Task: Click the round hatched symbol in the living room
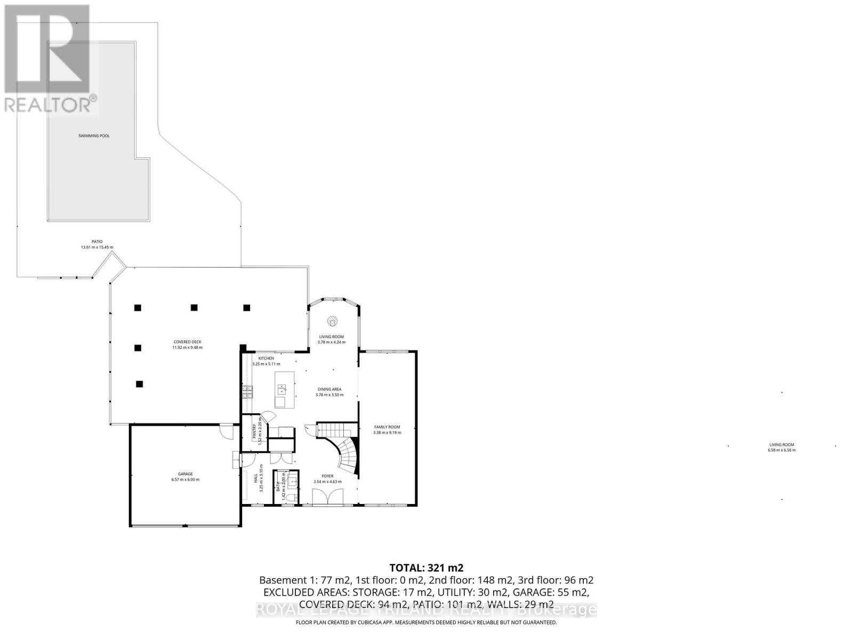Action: click(332, 321)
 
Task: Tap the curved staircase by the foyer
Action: click(347, 453)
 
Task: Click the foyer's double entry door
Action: click(326, 498)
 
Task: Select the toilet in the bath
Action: click(288, 498)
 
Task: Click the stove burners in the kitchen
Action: click(247, 393)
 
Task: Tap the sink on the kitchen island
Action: click(281, 389)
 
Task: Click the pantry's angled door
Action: click(268, 418)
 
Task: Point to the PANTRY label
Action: click(255, 431)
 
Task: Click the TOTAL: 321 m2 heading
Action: click(426, 567)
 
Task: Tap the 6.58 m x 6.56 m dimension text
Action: click(782, 450)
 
